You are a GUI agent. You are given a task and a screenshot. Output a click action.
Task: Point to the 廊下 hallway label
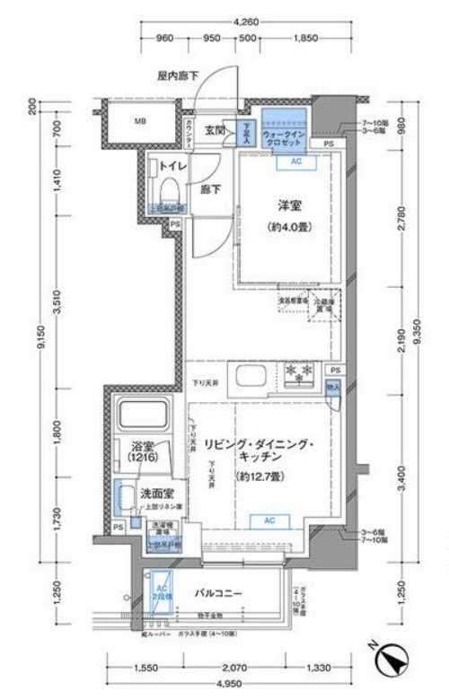[x=209, y=190]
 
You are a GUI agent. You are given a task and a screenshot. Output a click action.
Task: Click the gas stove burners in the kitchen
[x=297, y=372]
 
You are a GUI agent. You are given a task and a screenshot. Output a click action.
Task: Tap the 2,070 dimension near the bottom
[x=234, y=668]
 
